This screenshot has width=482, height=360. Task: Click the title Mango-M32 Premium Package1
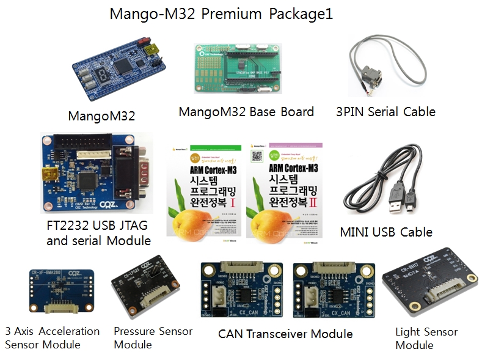click(221, 14)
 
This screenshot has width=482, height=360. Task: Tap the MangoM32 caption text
click(102, 116)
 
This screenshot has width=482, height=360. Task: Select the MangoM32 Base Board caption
click(246, 112)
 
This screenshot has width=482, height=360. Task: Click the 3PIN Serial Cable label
click(385, 112)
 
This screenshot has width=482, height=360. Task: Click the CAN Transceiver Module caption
click(285, 334)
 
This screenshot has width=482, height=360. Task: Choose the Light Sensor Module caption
click(426, 339)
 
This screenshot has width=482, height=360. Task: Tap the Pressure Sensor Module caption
click(153, 337)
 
